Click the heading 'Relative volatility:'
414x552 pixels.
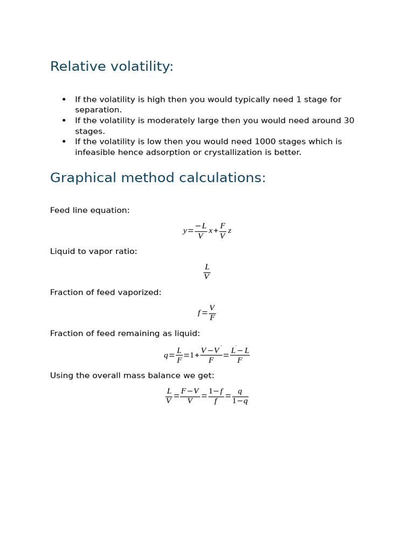112,67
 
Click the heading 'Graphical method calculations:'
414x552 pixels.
158,178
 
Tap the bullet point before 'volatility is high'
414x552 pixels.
64,100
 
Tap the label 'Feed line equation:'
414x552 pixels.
89,211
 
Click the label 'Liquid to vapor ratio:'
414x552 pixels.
93,252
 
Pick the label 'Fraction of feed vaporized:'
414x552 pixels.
106,293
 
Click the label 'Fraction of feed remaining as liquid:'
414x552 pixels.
125,334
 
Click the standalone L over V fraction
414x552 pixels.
206,272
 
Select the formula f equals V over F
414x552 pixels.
206,313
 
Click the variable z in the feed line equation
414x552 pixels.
230,231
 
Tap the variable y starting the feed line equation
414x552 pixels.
184,231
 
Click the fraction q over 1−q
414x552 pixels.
240,396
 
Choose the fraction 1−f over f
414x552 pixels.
216,396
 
